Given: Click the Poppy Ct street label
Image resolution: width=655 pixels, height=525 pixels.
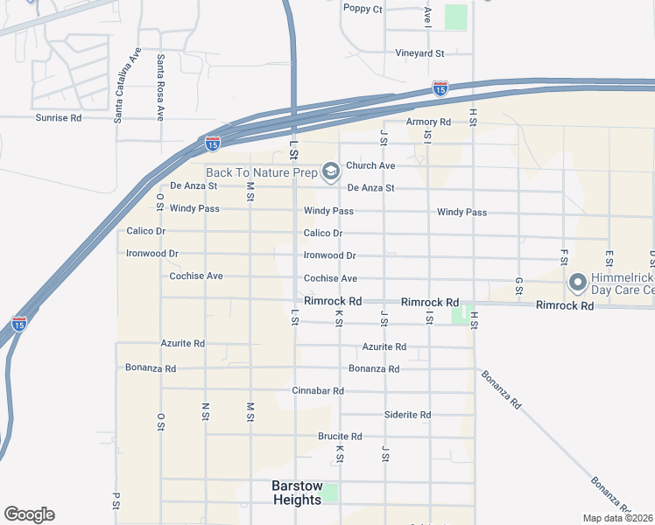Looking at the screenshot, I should [x=363, y=10].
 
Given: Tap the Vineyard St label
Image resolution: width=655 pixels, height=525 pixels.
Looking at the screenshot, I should [x=419, y=53].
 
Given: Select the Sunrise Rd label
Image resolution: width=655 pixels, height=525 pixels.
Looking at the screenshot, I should [x=58, y=117].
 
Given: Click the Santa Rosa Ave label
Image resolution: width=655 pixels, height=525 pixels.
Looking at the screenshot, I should [x=160, y=87].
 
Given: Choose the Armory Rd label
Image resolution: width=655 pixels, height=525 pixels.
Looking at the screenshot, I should [x=428, y=122].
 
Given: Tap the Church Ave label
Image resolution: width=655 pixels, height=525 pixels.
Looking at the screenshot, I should [x=370, y=165].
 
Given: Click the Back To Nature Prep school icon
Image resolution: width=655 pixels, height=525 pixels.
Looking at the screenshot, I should [x=330, y=171].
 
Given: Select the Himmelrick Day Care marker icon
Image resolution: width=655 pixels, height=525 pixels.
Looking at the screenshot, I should [x=577, y=283].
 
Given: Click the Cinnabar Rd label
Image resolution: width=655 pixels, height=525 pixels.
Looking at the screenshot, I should [x=318, y=390].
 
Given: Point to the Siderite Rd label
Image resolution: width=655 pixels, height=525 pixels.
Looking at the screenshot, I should [x=408, y=415].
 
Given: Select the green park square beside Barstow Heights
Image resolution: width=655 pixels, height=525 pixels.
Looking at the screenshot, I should [x=329, y=493].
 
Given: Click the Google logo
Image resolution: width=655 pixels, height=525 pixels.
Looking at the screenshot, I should [x=29, y=514].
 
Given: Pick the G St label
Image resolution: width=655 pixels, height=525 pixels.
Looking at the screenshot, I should [x=519, y=286].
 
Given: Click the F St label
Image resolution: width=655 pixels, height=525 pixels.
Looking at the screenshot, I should [x=565, y=255].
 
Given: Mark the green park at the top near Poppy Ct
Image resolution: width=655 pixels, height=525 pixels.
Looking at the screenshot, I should [x=455, y=17].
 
